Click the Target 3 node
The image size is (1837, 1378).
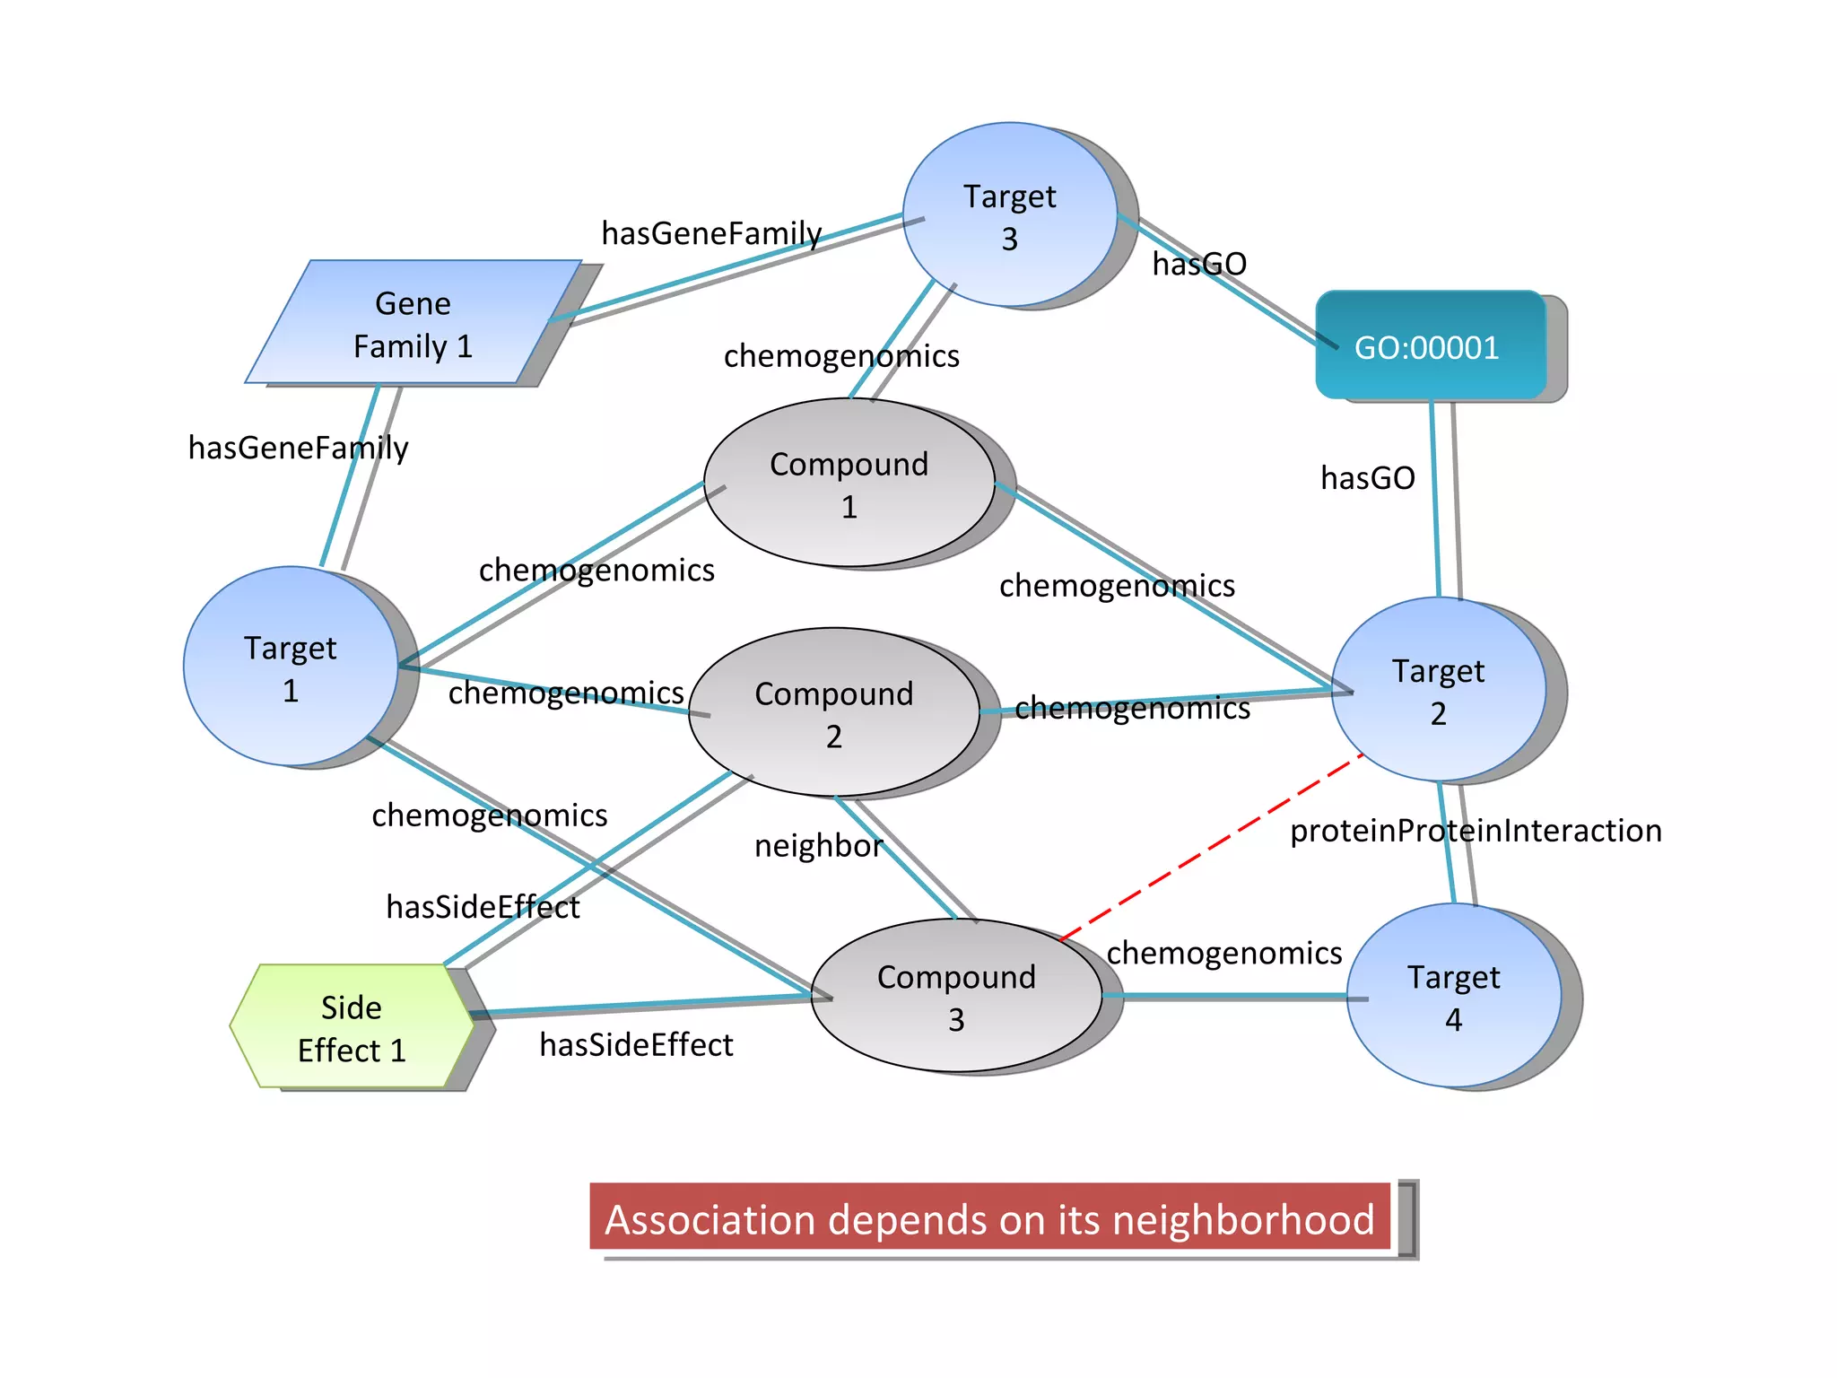point(1009,215)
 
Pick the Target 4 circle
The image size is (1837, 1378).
point(1453,996)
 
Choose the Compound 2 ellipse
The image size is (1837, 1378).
point(833,712)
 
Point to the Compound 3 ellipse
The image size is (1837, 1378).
point(956,996)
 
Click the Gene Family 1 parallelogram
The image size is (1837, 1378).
point(413,323)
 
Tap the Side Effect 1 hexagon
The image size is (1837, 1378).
point(352,1026)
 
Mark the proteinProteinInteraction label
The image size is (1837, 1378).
point(1476,831)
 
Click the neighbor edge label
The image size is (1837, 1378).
point(818,846)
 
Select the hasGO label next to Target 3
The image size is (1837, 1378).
point(1199,264)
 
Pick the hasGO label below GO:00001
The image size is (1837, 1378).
point(1367,478)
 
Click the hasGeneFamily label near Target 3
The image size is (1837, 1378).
point(710,233)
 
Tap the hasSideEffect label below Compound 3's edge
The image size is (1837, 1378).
point(636,1045)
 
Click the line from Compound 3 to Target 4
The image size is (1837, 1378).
point(1224,996)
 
